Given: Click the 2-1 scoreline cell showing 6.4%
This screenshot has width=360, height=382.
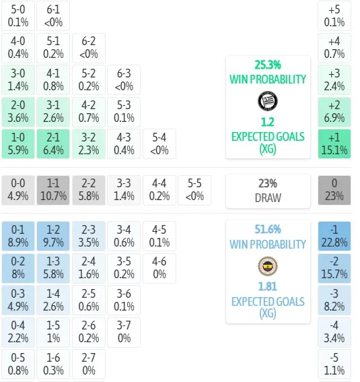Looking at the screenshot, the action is [53, 144].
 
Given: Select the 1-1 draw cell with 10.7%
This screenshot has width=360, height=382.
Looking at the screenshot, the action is [53, 190].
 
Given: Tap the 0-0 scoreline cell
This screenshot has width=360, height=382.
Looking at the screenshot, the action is [18, 190].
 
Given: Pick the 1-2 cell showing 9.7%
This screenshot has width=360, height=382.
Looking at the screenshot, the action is [53, 236].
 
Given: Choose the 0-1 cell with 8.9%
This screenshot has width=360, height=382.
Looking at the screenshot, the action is [18, 236].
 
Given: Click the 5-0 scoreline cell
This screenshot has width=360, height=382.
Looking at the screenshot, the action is [18, 16].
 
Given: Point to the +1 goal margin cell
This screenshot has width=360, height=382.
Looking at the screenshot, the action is [334, 144].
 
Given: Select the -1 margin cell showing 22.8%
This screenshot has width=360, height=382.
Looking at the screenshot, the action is [334, 236].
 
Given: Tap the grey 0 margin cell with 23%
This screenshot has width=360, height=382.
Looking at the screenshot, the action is [334, 190].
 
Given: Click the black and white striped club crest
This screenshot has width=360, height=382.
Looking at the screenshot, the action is [268, 101].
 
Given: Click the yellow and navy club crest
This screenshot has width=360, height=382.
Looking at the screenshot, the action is [268, 266].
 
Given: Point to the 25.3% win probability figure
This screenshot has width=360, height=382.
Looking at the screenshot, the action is [268, 65].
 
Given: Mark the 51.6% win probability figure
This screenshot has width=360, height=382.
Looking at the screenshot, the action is [268, 229].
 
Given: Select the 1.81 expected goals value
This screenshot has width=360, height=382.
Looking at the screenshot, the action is [268, 286].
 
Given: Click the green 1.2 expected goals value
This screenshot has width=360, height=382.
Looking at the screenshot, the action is [268, 122].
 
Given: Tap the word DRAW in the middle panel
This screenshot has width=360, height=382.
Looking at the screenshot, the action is [268, 198].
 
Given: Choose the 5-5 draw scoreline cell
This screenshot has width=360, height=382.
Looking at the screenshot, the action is [194, 190].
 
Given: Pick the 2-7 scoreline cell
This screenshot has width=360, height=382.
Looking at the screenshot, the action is [89, 364].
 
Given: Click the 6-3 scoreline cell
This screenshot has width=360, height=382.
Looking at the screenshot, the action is [124, 80].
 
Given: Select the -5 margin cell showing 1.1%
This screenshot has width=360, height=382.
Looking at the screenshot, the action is [334, 364].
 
